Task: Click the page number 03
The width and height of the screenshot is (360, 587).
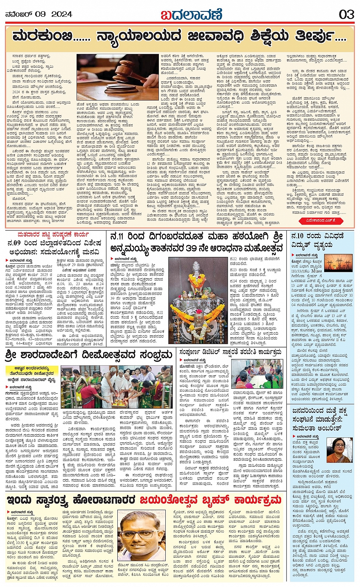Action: coord(346,14)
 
